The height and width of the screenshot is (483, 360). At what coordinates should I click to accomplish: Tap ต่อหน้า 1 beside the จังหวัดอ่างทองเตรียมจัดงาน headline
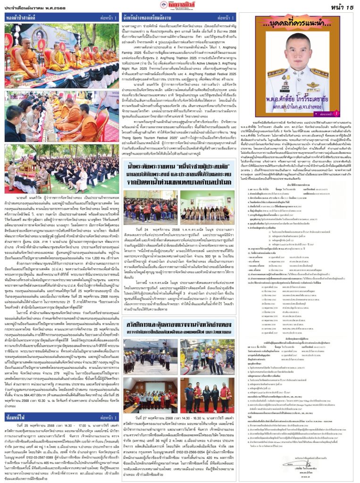(231, 17)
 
